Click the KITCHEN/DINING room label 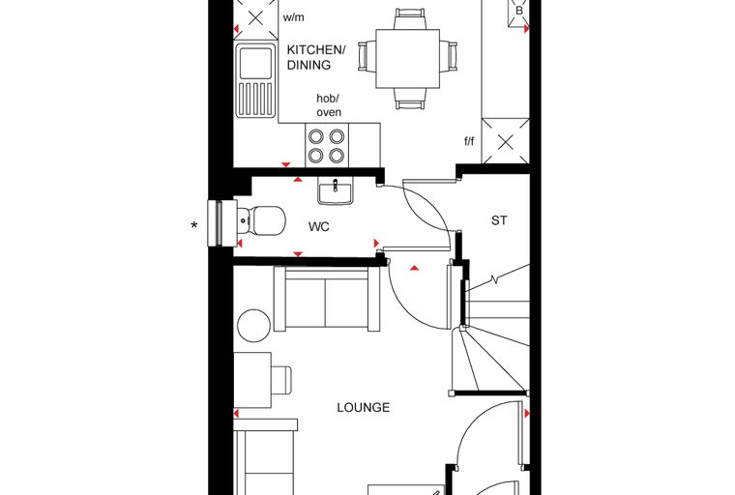[316, 57]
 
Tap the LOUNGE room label [364, 407]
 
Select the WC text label [319, 227]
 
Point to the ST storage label [499, 220]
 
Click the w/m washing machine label [293, 17]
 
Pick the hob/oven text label [329, 105]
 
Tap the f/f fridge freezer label [469, 141]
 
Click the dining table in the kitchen [408, 59]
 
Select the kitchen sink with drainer [255, 80]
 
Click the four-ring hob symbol [327, 145]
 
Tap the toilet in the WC [260, 220]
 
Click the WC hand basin [336, 192]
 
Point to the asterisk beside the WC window [194, 226]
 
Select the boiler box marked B [519, 12]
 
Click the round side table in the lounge [254, 325]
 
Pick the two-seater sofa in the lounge [327, 299]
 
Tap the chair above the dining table [410, 18]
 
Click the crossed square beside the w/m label [256, 18]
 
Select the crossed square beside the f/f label [505, 141]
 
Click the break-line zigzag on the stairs [494, 280]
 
